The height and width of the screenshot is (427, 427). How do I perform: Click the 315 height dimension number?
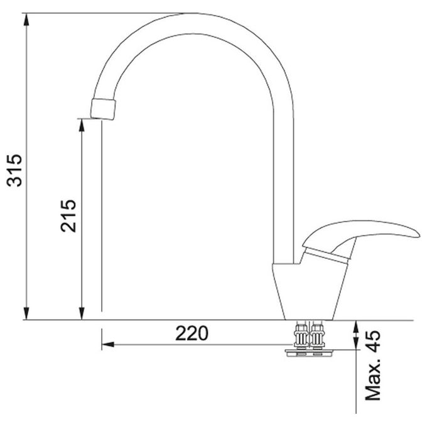click(x=14, y=170)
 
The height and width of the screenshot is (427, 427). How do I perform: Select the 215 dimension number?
click(x=68, y=215)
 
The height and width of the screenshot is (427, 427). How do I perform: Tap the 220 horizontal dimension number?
click(x=192, y=333)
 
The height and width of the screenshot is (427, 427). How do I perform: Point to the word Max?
click(x=372, y=378)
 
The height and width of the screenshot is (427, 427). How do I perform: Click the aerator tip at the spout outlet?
click(x=104, y=109)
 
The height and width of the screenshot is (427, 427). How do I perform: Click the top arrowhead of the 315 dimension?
click(x=26, y=19)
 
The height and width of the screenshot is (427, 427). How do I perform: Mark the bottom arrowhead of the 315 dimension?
click(x=26, y=313)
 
